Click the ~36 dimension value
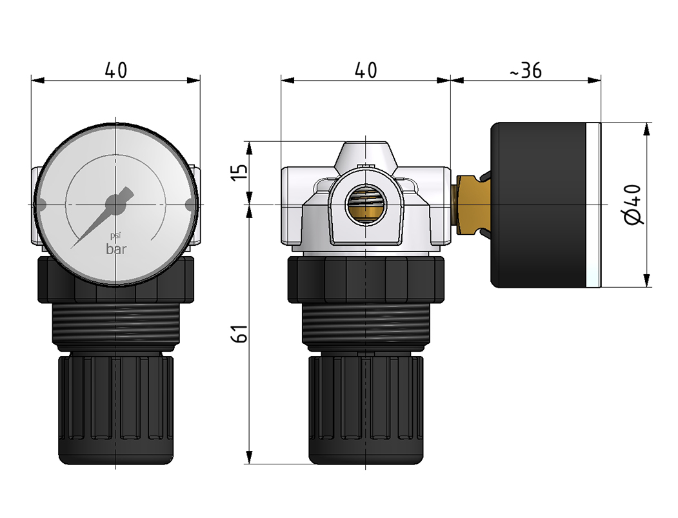coord(525,71)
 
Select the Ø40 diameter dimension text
coord(633,204)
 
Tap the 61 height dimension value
coord(239,334)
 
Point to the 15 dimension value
coord(239,173)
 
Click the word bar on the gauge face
coord(116,250)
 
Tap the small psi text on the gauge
coord(115,236)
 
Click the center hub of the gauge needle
coord(115,204)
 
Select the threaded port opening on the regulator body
coord(365,205)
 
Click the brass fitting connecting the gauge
coord(470,204)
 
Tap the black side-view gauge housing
coord(539,204)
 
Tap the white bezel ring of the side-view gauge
coord(594,204)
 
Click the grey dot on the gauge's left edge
coord(40,205)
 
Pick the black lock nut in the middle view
coord(365,279)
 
